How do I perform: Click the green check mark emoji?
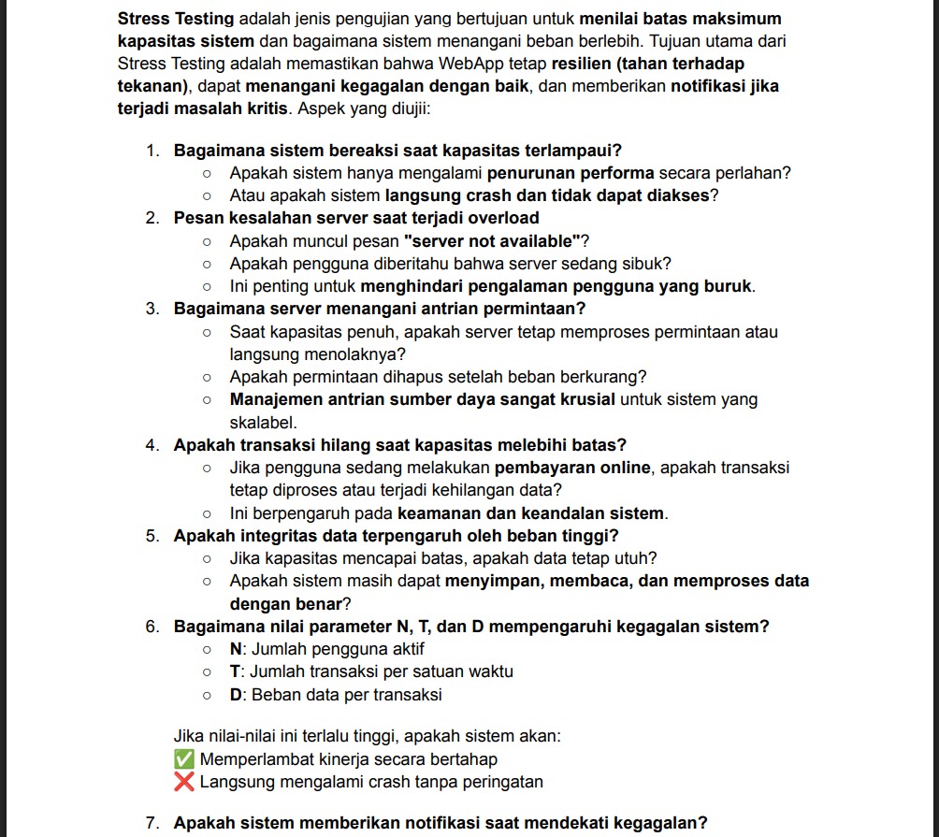(x=184, y=759)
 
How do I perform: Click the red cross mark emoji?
(x=184, y=782)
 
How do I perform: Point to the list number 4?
(x=152, y=445)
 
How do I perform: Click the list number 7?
(x=152, y=823)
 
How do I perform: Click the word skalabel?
(x=263, y=423)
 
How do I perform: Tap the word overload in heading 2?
(x=503, y=219)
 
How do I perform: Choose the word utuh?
(x=636, y=558)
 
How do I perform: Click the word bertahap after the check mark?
(x=462, y=759)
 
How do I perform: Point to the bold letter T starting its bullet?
(x=235, y=671)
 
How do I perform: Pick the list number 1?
(x=152, y=151)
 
